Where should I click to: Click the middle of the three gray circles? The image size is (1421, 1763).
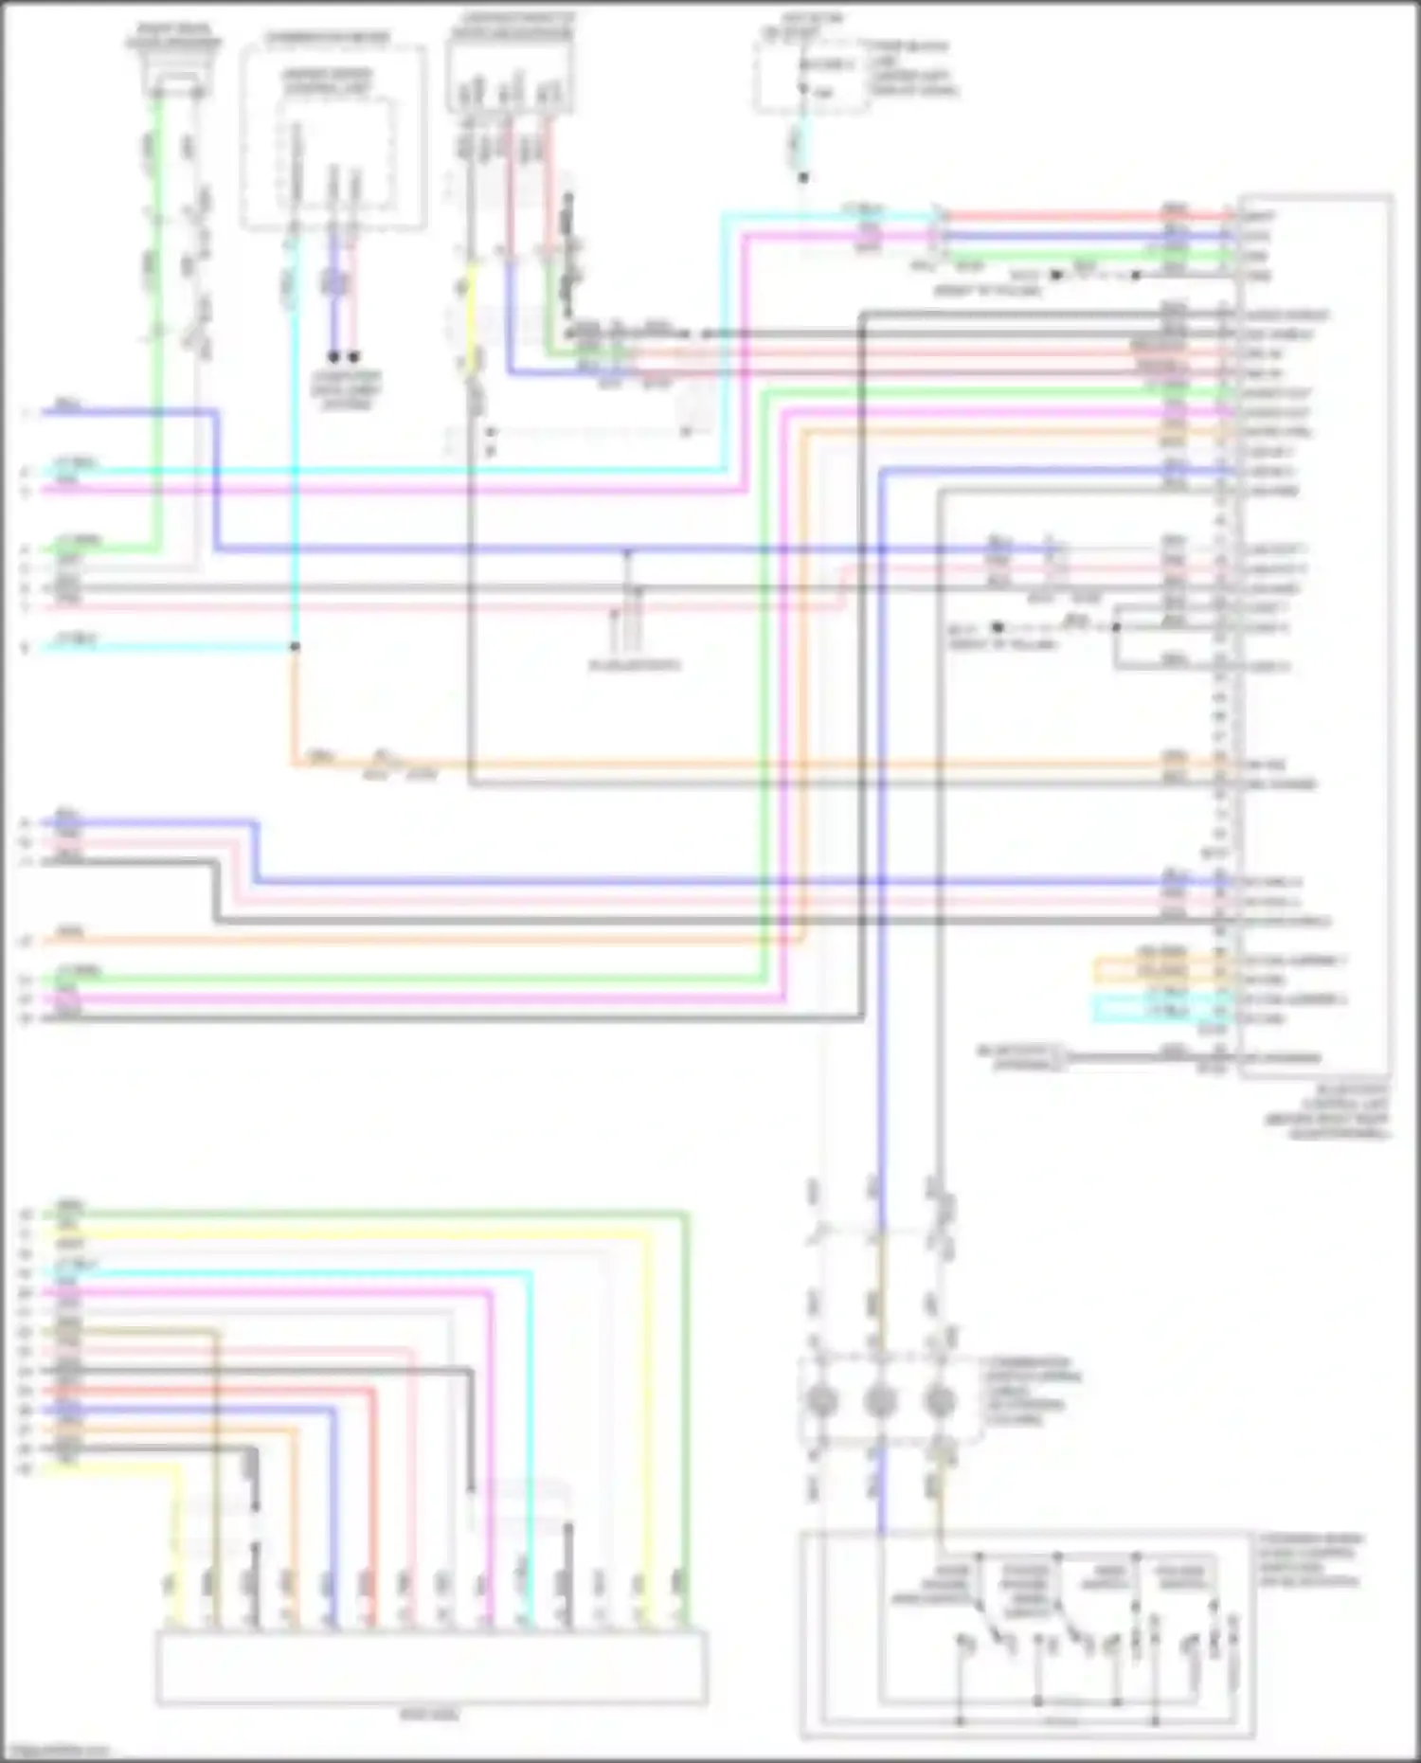pyautogui.click(x=880, y=1399)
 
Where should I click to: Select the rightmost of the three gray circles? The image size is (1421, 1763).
pyautogui.click(x=939, y=1399)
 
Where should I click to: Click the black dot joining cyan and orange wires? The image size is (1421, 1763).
pyautogui.click(x=295, y=647)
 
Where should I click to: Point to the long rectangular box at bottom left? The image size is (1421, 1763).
pyautogui.click(x=431, y=1666)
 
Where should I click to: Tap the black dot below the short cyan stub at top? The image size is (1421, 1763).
pyautogui.click(x=802, y=177)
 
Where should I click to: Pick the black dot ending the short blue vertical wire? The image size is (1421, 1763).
pyautogui.click(x=333, y=357)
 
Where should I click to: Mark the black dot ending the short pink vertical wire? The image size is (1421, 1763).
pyautogui.click(x=354, y=357)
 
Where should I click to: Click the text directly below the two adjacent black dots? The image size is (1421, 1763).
pyautogui.click(x=345, y=389)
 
